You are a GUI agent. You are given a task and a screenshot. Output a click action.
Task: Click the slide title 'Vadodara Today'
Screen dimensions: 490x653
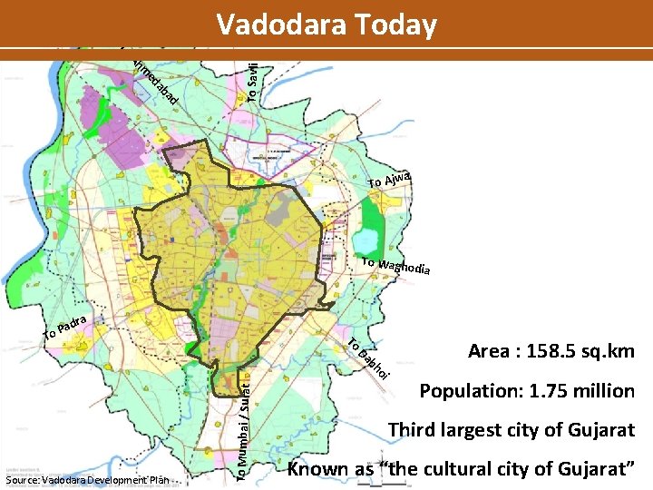tap(326, 24)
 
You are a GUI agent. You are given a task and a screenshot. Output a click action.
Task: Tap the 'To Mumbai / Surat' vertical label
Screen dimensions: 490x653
tap(240, 416)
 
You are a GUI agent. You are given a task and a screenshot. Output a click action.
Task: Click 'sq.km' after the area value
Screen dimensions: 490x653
tap(609, 351)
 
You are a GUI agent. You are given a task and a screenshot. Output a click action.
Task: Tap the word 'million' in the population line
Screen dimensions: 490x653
tap(603, 391)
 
